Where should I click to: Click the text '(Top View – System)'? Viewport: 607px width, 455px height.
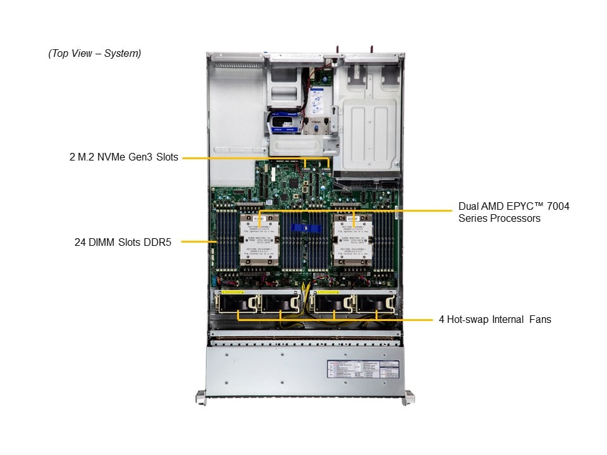95,54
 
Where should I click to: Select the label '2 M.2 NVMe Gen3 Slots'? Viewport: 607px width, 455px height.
124,157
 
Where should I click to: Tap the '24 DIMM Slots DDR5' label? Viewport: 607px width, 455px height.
125,241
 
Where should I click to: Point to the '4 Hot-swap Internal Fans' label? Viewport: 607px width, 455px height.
494,319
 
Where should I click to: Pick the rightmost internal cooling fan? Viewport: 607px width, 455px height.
376,305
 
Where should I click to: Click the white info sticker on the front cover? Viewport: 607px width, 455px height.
363,370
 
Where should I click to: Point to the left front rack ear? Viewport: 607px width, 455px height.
200,397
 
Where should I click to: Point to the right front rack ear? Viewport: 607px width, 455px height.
410,397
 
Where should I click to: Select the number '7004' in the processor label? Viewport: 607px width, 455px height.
556,207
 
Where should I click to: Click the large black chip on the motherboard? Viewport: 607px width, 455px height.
293,183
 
